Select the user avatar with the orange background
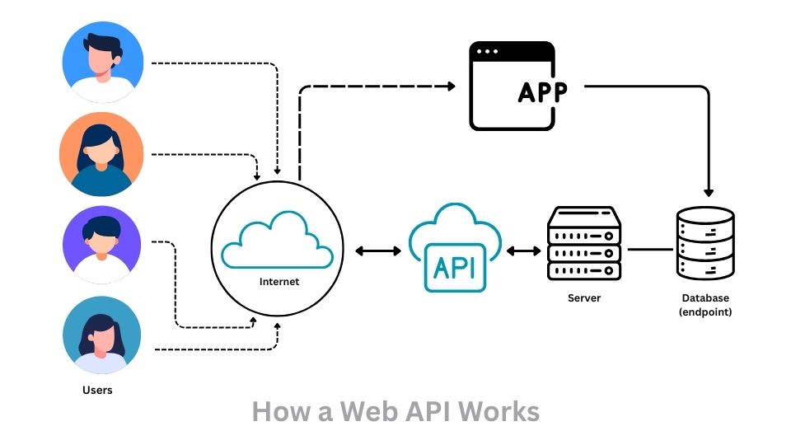[x=101, y=154]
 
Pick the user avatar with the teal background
[x=102, y=336]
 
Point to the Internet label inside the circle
[x=279, y=282]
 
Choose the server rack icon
[x=583, y=243]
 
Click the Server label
[x=584, y=297]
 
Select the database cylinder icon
[x=704, y=241]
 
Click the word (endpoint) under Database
[x=705, y=312]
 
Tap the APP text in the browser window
[x=542, y=92]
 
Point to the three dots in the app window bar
[x=486, y=52]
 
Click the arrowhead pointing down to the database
[x=707, y=190]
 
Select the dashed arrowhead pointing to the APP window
[x=450, y=86]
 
